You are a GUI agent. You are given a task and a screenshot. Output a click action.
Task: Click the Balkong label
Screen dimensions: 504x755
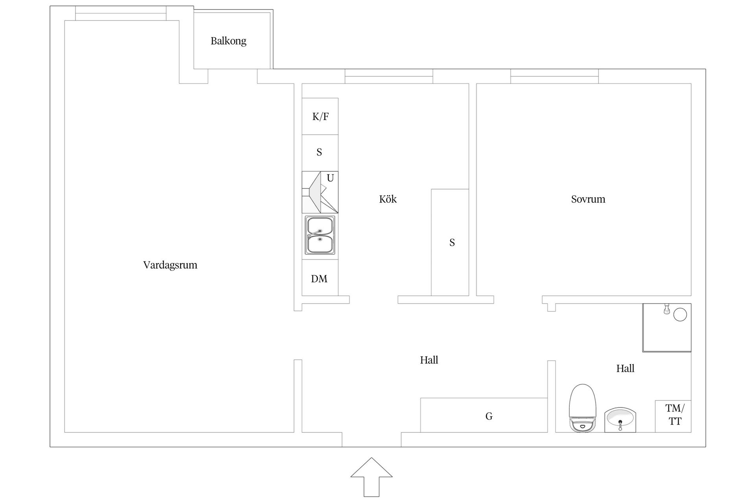228,41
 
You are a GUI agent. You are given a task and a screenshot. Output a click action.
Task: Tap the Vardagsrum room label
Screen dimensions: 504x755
170,265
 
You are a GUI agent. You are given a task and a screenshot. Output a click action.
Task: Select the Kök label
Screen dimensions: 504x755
388,199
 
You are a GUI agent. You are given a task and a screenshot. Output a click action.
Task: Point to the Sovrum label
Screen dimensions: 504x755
588,199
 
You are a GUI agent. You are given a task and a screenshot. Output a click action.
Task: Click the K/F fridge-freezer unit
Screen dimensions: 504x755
320,117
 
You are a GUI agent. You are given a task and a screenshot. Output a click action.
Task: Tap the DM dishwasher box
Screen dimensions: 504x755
319,278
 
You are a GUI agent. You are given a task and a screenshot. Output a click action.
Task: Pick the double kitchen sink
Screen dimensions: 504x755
320,235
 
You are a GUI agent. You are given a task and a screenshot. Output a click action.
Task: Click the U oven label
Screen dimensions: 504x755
330,178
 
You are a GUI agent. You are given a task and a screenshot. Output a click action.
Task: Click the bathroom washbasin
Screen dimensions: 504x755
620,419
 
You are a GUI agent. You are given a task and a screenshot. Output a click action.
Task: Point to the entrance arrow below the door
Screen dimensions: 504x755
371,477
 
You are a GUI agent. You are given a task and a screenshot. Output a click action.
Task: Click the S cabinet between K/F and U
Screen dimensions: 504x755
319,152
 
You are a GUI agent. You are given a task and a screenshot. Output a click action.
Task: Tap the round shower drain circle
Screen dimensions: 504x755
680,315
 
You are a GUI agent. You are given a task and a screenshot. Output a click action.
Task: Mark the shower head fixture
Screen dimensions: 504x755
667,309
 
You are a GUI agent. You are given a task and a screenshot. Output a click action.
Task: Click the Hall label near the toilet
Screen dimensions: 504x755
625,369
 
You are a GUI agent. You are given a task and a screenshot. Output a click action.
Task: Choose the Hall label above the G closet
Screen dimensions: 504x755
429,360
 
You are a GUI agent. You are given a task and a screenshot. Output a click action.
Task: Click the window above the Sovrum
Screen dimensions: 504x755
554,76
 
